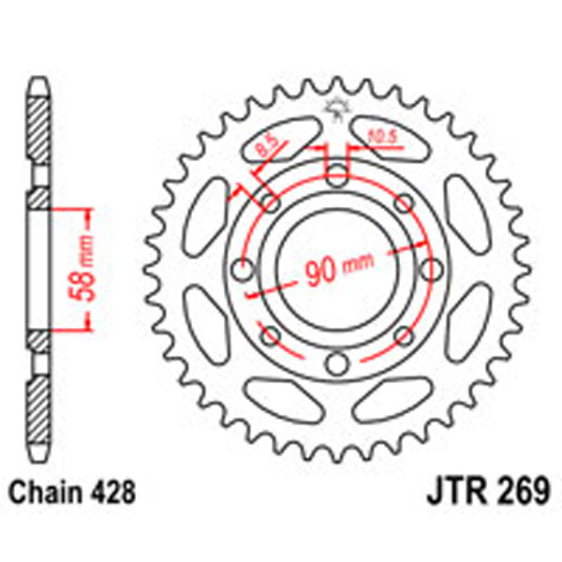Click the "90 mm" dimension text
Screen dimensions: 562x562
(334, 270)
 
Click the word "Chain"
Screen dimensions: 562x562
(41, 491)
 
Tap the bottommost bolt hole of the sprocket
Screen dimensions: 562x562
(336, 363)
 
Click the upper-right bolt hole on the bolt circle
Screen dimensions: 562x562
(404, 202)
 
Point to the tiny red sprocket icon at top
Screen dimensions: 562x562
(336, 109)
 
